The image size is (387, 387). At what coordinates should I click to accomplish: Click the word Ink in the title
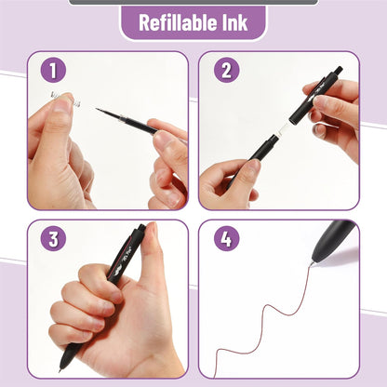234,22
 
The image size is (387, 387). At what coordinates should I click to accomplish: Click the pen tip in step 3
62,370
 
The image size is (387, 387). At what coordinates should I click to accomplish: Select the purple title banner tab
193,22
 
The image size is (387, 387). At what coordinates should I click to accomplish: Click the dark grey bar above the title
193,2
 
